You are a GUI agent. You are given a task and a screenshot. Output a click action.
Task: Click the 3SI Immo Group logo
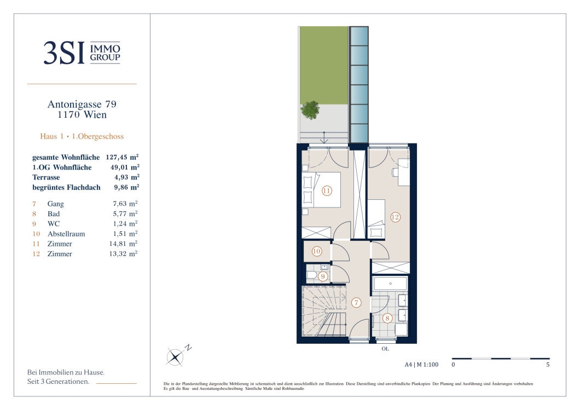pyautogui.click(x=82, y=53)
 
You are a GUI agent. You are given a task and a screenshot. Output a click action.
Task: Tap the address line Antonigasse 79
pyautogui.click(x=82, y=105)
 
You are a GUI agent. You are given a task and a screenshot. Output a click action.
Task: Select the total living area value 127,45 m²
pyautogui.click(x=122, y=157)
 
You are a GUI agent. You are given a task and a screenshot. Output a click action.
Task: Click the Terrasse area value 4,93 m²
pyautogui.click(x=126, y=177)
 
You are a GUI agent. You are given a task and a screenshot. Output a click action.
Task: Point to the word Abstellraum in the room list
pyautogui.click(x=66, y=234)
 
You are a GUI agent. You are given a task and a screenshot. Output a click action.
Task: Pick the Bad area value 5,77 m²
pyautogui.click(x=125, y=213)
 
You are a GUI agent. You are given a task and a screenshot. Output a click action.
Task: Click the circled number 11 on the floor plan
pyautogui.click(x=327, y=191)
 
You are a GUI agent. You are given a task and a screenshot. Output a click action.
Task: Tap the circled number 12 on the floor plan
pyautogui.click(x=395, y=217)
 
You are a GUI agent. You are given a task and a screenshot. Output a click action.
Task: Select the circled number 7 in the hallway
pyautogui.click(x=356, y=303)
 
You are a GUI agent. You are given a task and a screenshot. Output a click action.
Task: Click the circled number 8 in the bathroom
pyautogui.click(x=387, y=318)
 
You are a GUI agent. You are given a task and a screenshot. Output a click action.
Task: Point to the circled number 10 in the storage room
pyautogui.click(x=317, y=251)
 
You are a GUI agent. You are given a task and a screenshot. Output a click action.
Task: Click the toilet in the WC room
pyautogui.click(x=311, y=275)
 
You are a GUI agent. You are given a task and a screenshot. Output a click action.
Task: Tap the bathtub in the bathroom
pyautogui.click(x=391, y=284)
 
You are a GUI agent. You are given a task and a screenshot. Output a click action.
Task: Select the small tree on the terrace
pyautogui.click(x=310, y=110)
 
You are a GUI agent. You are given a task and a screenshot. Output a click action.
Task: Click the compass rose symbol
pyautogui.click(x=175, y=357)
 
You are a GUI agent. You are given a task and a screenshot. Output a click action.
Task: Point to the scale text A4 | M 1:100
pyautogui.click(x=421, y=365)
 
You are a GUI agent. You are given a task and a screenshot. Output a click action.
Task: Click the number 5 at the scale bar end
pyautogui.click(x=548, y=365)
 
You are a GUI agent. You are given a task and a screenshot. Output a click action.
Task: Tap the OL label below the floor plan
pyautogui.click(x=385, y=349)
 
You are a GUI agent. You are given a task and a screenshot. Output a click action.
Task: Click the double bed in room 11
pyautogui.click(x=322, y=190)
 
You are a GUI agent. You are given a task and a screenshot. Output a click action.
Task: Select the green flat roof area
pyautogui.click(x=324, y=65)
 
